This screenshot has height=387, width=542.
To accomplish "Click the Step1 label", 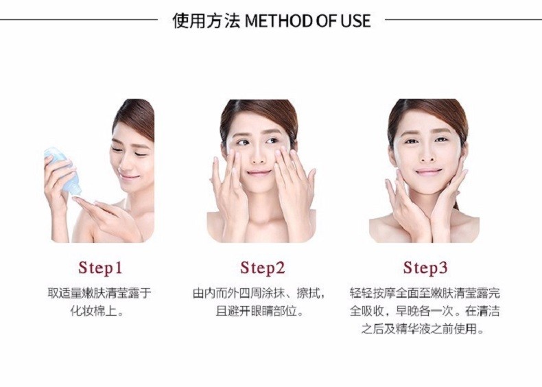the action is pyautogui.click(x=100, y=268).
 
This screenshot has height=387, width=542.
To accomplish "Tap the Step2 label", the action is pyautogui.click(x=262, y=268).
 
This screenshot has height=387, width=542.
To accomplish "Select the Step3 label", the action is pyautogui.click(x=425, y=268).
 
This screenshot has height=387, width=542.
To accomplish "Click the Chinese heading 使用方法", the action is pyautogui.click(x=206, y=21).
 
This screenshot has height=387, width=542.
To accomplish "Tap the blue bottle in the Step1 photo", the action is pyautogui.click(x=63, y=170).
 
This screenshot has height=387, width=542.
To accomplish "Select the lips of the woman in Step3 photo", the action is pyautogui.click(x=429, y=172).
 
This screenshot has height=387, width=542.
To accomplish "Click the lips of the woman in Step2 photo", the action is pyautogui.click(x=259, y=172).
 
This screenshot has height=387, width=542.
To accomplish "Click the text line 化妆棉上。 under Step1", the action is pyautogui.click(x=97, y=311).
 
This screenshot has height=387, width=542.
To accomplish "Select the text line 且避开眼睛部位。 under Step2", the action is pyautogui.click(x=259, y=311).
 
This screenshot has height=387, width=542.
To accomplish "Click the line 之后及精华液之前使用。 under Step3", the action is pyautogui.click(x=423, y=329).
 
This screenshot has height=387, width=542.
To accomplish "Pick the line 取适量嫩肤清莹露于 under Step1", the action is pyautogui.click(x=99, y=293).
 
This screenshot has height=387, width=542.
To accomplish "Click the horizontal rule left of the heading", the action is pyautogui.click(x=79, y=19).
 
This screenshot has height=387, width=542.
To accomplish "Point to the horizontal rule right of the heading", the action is pyautogui.click(x=463, y=19).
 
